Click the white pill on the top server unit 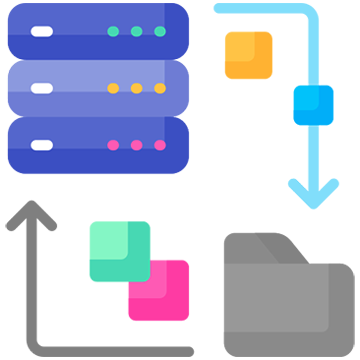point(42,31)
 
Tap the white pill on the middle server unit point(42,88)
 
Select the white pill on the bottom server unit point(42,145)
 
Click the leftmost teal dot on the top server point(113,31)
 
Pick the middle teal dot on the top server point(136,31)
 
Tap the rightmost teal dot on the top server point(160,31)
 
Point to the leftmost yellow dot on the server point(113,88)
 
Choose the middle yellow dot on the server point(136,88)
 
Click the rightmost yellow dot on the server point(160,88)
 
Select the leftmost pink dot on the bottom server point(113,145)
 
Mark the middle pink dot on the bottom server point(136,145)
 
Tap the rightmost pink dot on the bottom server point(160,145)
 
